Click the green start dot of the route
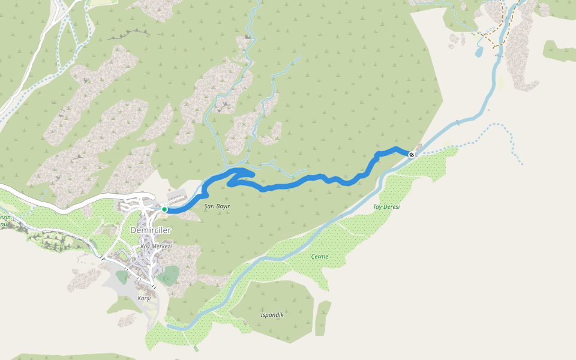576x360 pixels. (x=164, y=209)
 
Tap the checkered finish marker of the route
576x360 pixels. (x=412, y=155)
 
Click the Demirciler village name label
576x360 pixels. (x=151, y=231)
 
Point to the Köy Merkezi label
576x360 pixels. (x=156, y=247)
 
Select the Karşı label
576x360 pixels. (x=144, y=298)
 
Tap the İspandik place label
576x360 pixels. (x=272, y=314)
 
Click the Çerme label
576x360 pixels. (x=320, y=257)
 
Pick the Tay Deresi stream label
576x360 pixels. (x=386, y=206)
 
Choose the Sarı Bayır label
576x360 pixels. (x=217, y=206)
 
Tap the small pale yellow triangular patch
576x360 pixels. (x=501, y=82)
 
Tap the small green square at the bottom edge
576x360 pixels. (x=196, y=349)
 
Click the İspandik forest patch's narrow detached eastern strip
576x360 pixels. (x=323, y=318)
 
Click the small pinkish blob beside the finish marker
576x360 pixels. (x=418, y=148)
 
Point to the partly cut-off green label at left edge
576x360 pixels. (x=5, y=221)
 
